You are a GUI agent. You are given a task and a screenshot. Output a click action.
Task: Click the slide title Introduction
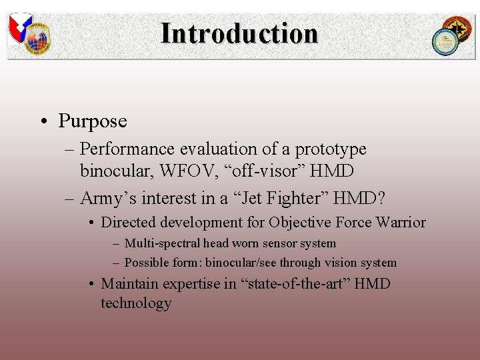(x=239, y=33)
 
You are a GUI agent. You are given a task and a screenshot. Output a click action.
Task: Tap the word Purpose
(x=92, y=121)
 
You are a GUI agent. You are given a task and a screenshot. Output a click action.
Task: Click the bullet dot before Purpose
(x=43, y=121)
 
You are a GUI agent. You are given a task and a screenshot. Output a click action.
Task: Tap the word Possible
(x=146, y=263)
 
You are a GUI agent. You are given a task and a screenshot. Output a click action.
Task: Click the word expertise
(x=189, y=284)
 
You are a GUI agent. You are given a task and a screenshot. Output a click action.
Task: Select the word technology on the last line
(x=136, y=303)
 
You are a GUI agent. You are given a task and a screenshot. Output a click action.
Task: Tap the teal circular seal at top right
(x=444, y=43)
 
